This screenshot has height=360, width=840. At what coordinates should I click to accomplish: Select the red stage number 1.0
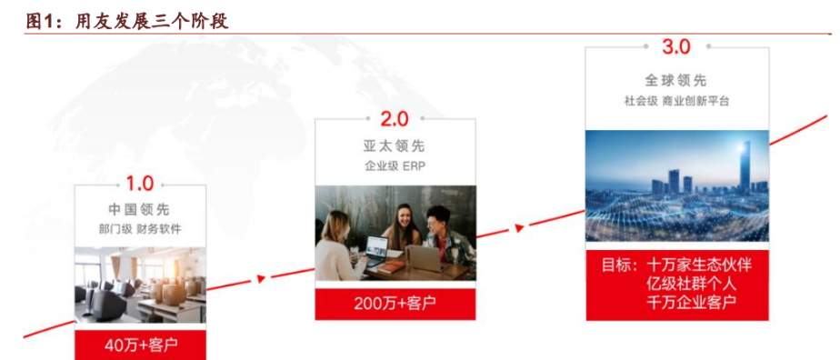pyautogui.click(x=140, y=184)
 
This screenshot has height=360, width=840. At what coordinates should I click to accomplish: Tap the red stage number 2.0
pyautogui.click(x=395, y=119)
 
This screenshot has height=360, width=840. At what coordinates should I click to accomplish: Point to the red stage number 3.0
pyautogui.click(x=676, y=46)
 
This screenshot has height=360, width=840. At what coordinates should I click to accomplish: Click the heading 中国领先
pyautogui.click(x=139, y=209)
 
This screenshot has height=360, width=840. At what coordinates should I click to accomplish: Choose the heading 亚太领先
pyautogui.click(x=395, y=145)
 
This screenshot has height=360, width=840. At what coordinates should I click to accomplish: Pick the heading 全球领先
pyautogui.click(x=676, y=80)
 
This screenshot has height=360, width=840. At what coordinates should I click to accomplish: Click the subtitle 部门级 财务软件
pyautogui.click(x=140, y=230)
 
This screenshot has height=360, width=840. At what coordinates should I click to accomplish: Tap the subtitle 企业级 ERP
pyautogui.click(x=395, y=166)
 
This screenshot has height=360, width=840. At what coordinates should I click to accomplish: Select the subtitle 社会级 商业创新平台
pyautogui.click(x=676, y=101)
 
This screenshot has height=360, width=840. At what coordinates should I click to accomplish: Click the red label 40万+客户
pyautogui.click(x=140, y=345)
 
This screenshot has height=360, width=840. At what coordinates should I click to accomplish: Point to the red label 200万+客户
pyautogui.click(x=395, y=304)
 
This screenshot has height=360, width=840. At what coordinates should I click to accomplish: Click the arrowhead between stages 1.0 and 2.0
pyautogui.click(x=262, y=278)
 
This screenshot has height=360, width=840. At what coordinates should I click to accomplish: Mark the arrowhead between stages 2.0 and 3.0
pyautogui.click(x=518, y=228)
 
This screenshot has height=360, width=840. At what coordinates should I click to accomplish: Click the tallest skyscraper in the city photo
pyautogui.click(x=745, y=165)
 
